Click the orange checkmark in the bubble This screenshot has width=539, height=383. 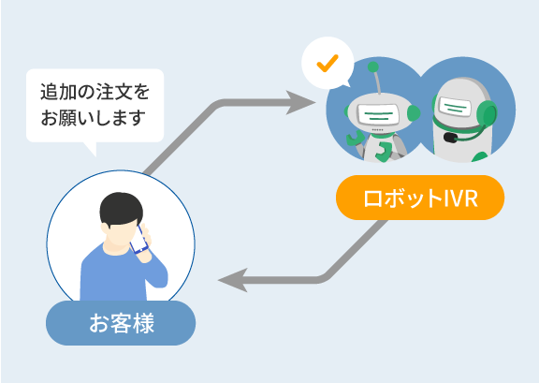coord(328,64)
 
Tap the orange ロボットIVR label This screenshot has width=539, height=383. coord(420,198)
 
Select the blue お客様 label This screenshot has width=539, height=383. coord(121,323)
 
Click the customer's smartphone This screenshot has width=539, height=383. coord(139,239)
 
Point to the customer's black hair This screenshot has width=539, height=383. coord(121,208)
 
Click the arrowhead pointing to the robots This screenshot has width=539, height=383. coord(300,102)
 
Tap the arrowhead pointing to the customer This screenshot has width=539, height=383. coord(233,280)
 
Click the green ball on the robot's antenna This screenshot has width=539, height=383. coord(373,66)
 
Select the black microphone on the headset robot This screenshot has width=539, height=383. coord(450,138)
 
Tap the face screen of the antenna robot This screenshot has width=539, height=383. coord(378,114)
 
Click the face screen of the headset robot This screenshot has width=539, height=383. coord(455,108)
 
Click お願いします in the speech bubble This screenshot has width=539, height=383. coord(93,118)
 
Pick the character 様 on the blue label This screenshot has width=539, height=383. coord(143,323)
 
